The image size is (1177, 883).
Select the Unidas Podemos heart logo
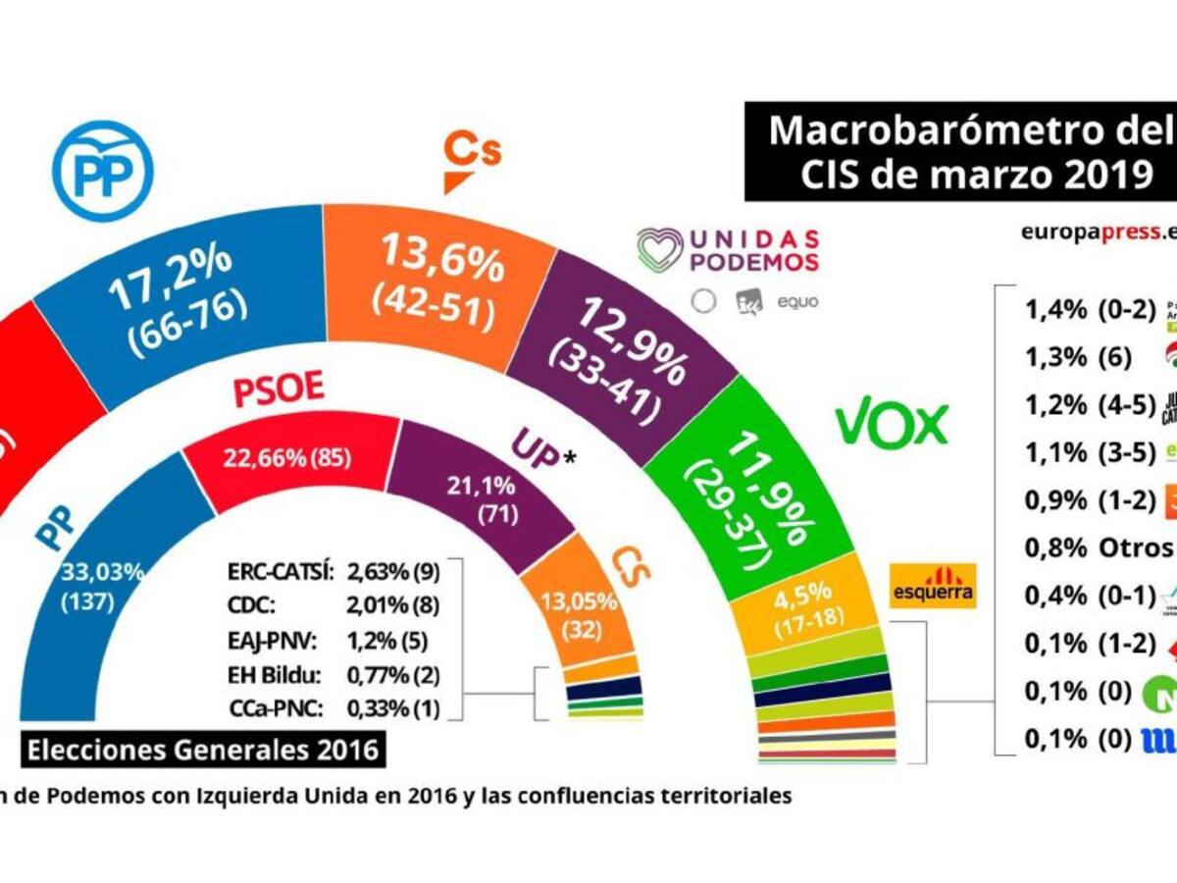click(660, 249)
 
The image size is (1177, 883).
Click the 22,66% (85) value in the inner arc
click(288, 457)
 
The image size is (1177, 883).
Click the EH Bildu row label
click(281, 677)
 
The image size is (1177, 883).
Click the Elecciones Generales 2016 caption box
click(203, 752)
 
